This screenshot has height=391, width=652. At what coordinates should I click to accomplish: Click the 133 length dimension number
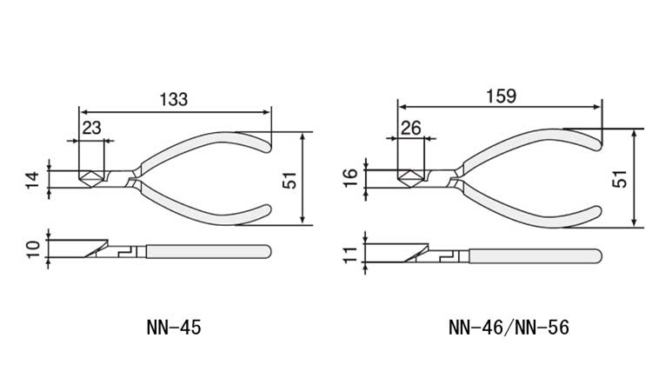click(x=174, y=99)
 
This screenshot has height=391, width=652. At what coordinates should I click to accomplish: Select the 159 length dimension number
click(x=501, y=96)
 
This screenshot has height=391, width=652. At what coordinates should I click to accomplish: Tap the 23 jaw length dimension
click(x=91, y=128)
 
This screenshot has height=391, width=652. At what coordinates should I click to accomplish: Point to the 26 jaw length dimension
click(x=411, y=128)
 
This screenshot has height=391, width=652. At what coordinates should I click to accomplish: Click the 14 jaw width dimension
click(x=33, y=180)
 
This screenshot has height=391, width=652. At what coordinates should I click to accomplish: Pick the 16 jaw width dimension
click(x=350, y=178)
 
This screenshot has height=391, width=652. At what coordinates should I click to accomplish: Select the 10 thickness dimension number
click(x=33, y=249)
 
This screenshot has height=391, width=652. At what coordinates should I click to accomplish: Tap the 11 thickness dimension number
click(x=350, y=255)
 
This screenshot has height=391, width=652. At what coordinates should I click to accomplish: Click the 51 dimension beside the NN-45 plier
click(x=289, y=180)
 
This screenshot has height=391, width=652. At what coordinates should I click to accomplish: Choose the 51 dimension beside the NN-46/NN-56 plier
click(x=620, y=179)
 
